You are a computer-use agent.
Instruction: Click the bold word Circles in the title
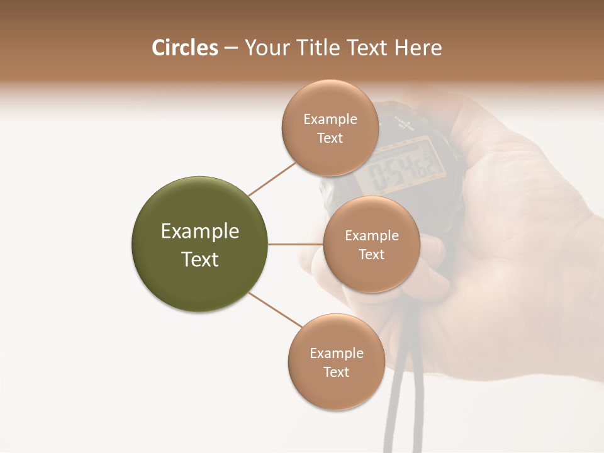click(185, 48)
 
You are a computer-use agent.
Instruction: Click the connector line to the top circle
click(272, 179)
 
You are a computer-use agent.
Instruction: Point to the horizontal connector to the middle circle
click(295, 244)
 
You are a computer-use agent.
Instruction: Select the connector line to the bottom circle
click(275, 310)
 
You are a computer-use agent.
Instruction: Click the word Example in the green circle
click(200, 232)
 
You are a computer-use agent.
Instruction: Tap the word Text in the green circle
click(200, 259)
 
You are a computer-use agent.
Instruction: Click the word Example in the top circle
click(330, 120)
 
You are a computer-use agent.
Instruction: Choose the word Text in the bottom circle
click(336, 372)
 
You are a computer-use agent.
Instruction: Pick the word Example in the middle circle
click(372, 236)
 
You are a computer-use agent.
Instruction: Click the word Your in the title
click(266, 48)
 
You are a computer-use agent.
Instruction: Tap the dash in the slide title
click(230, 48)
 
